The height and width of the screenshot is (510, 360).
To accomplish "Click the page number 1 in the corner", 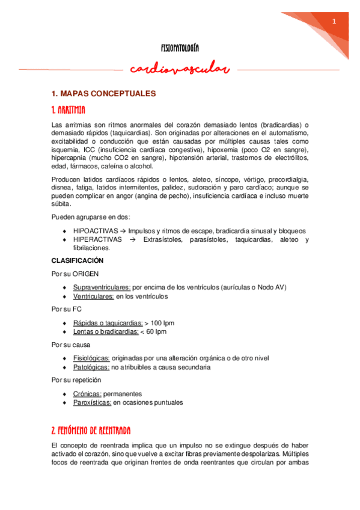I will [x=334, y=22].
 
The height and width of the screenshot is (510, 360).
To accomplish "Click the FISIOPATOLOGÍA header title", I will [x=180, y=47].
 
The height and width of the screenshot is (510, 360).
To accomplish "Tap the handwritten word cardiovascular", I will [x=180, y=70].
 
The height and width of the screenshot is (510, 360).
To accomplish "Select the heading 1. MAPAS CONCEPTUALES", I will [x=103, y=94].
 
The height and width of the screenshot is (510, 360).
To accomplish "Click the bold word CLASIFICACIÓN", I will [x=78, y=260].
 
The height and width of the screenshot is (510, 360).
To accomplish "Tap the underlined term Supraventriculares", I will [x=102, y=287].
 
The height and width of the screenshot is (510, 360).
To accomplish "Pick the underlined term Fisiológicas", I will [x=91, y=358].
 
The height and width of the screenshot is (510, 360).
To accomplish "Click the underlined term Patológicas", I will [x=91, y=367].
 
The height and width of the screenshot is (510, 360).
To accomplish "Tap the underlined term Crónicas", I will [x=87, y=394].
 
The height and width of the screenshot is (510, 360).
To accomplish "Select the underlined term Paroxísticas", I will [x=92, y=402].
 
